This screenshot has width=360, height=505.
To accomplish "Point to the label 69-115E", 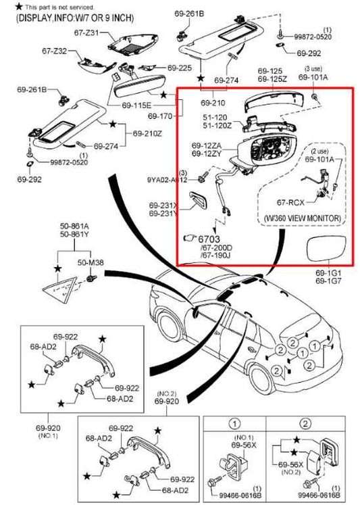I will click(136, 106).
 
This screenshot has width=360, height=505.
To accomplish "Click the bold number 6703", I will click(212, 238).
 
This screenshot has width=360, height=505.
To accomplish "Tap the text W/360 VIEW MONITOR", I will click(300, 218).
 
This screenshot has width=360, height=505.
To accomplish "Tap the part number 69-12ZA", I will click(205, 145).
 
